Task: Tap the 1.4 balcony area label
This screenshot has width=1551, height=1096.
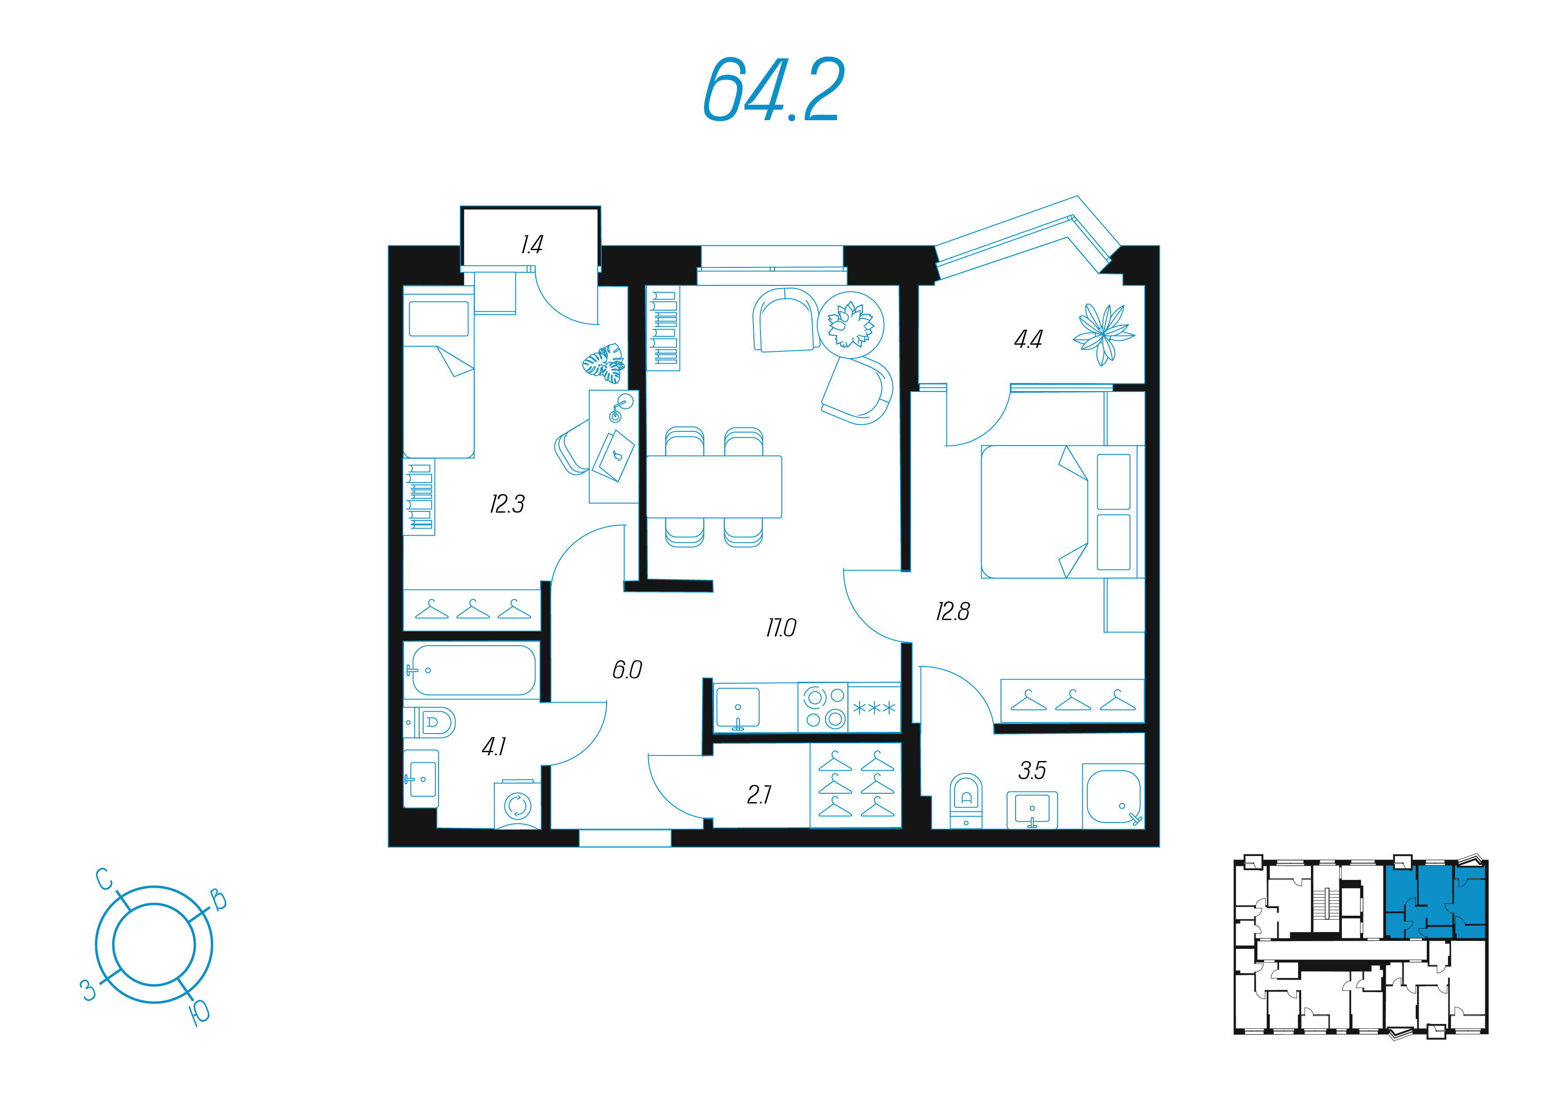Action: click(x=531, y=244)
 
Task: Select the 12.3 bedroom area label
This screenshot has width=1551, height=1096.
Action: click(x=507, y=504)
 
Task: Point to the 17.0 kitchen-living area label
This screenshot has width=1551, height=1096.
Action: click(x=781, y=628)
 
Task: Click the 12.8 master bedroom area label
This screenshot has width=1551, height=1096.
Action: click(x=952, y=612)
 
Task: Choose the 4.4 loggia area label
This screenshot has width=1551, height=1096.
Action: click(x=1028, y=339)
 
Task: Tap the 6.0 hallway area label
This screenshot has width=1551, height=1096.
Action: click(x=627, y=670)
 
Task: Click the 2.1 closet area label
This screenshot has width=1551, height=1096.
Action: click(x=759, y=795)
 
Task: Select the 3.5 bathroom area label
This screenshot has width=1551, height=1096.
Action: click(x=1032, y=770)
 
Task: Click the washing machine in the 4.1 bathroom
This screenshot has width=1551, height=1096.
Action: click(x=517, y=806)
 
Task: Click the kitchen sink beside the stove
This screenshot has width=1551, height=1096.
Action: click(x=737, y=708)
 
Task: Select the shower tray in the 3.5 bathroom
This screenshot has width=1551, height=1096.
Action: click(x=1113, y=796)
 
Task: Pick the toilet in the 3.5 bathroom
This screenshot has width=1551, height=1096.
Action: click(x=966, y=801)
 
